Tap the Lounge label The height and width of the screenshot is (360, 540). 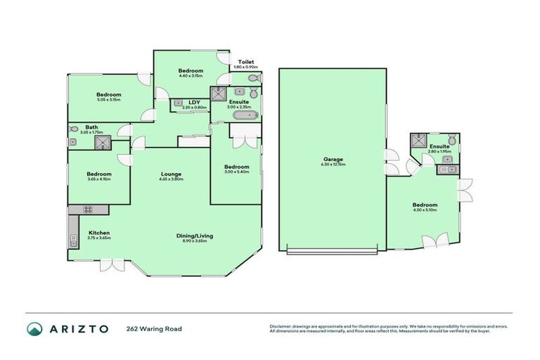(x=172, y=174)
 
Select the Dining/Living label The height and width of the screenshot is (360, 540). (x=194, y=236)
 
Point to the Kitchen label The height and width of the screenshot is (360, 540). (x=99, y=233)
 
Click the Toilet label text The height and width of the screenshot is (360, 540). (x=245, y=62)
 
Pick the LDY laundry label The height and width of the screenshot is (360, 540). (x=194, y=102)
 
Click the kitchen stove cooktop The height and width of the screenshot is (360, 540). (x=89, y=209)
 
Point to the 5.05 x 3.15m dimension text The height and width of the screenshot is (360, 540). (x=109, y=101)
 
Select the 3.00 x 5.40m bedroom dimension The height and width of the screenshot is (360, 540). (x=236, y=172)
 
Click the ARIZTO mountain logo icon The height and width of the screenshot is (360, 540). (x=34, y=328)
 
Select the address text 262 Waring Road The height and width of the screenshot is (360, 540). (x=150, y=328)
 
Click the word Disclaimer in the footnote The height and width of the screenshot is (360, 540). (x=281, y=326)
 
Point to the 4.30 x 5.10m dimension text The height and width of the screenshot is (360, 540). (x=425, y=210)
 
